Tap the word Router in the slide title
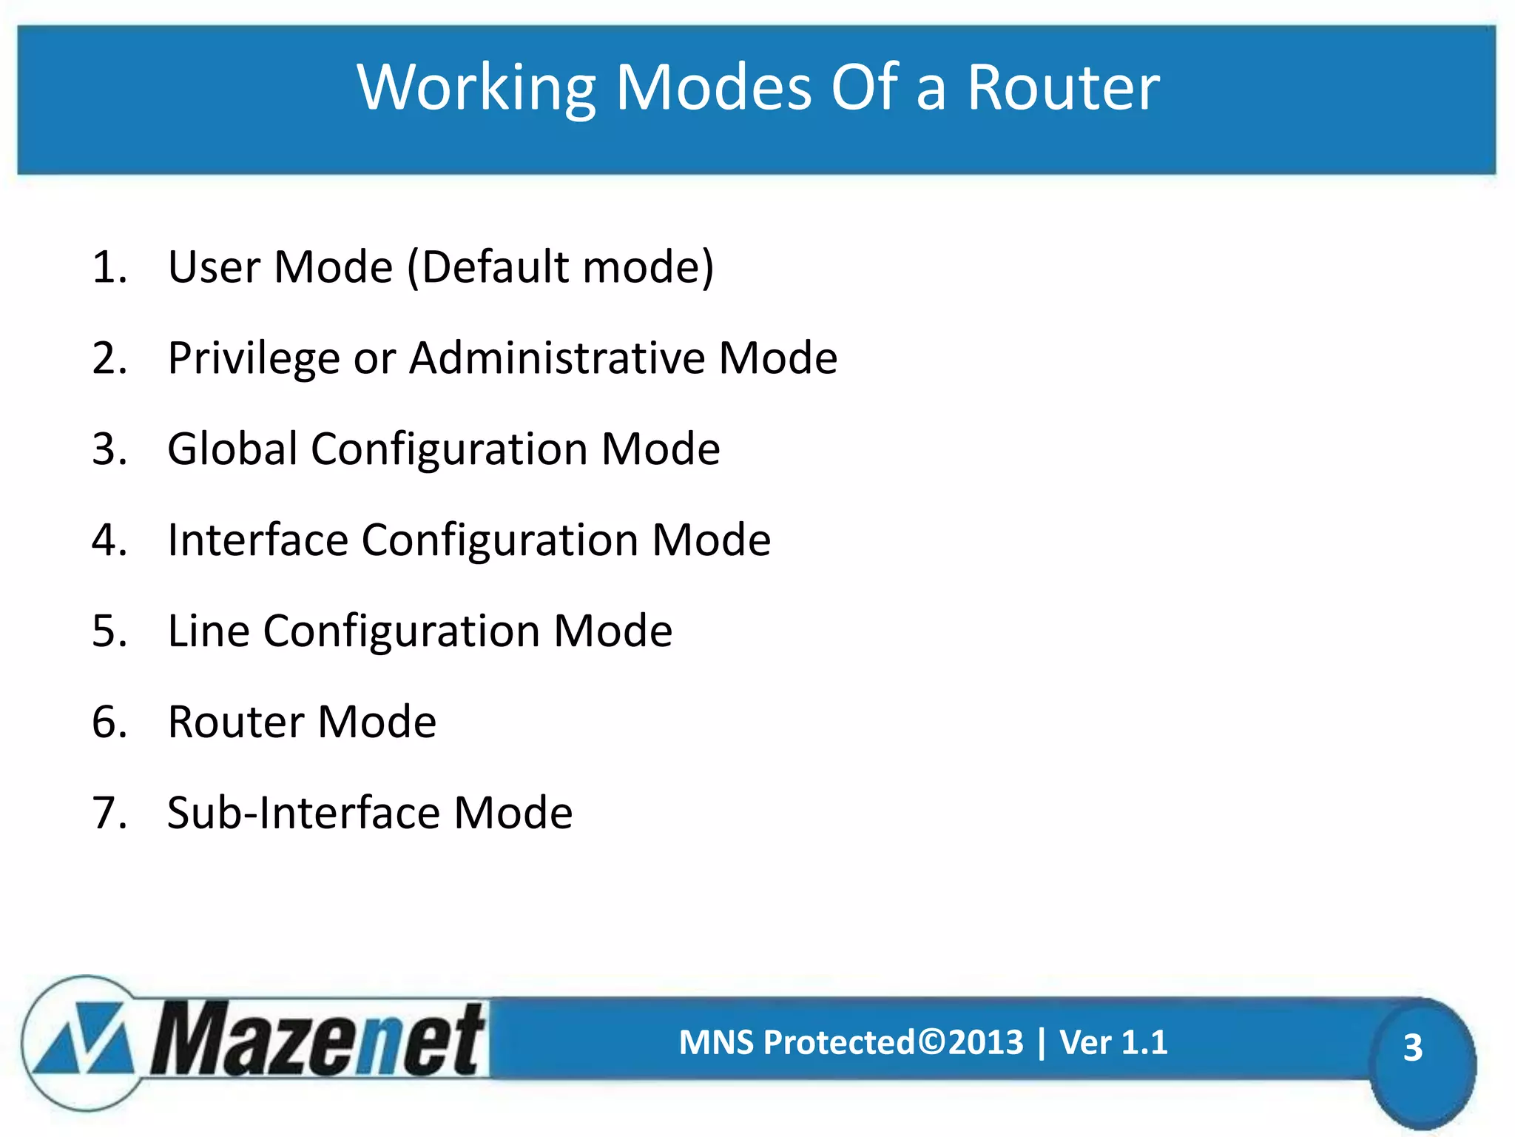(x=1063, y=88)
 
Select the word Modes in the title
(x=714, y=88)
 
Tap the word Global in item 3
(x=232, y=449)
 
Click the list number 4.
(x=108, y=540)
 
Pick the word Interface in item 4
(x=257, y=540)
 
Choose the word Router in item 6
(x=235, y=722)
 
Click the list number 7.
(x=108, y=813)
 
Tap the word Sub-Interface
(x=304, y=813)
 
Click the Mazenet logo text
(x=318, y=1040)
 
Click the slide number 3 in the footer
(x=1412, y=1047)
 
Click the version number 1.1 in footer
(x=1144, y=1042)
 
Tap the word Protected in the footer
(x=839, y=1042)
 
